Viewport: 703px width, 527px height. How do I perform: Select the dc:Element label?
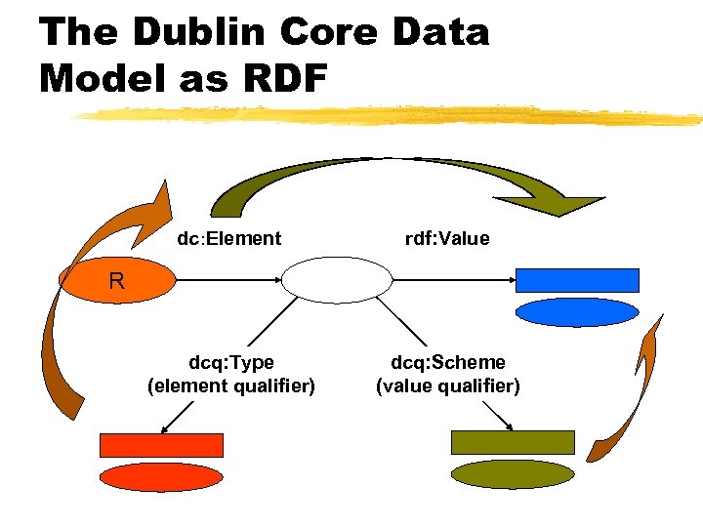[228, 238]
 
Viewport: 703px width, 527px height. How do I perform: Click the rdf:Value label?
[447, 238]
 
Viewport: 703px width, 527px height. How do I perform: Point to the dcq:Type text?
[230, 363]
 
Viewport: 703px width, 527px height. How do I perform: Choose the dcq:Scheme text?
[448, 363]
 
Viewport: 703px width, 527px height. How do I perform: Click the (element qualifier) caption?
[230, 385]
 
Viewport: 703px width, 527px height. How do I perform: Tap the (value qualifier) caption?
[448, 385]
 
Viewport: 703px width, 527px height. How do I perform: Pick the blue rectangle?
[577, 280]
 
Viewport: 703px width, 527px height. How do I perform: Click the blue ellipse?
[577, 311]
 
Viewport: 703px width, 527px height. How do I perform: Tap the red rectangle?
[162, 445]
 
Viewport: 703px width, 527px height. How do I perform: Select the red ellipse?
[162, 476]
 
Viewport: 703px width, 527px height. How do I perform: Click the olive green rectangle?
[513, 442]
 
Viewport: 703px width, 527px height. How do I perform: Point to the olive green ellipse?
[513, 474]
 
